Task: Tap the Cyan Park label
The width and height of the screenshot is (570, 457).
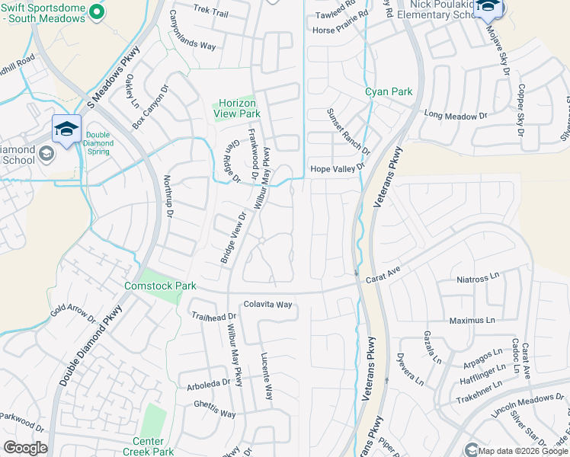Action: [389, 91]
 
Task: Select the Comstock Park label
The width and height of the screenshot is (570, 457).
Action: [160, 286]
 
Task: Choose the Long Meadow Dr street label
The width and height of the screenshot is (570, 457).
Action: [455, 116]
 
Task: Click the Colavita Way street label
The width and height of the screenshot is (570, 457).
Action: [267, 304]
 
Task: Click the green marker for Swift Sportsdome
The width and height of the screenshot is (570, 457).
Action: [96, 11]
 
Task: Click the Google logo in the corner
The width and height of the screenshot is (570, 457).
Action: [24, 448]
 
